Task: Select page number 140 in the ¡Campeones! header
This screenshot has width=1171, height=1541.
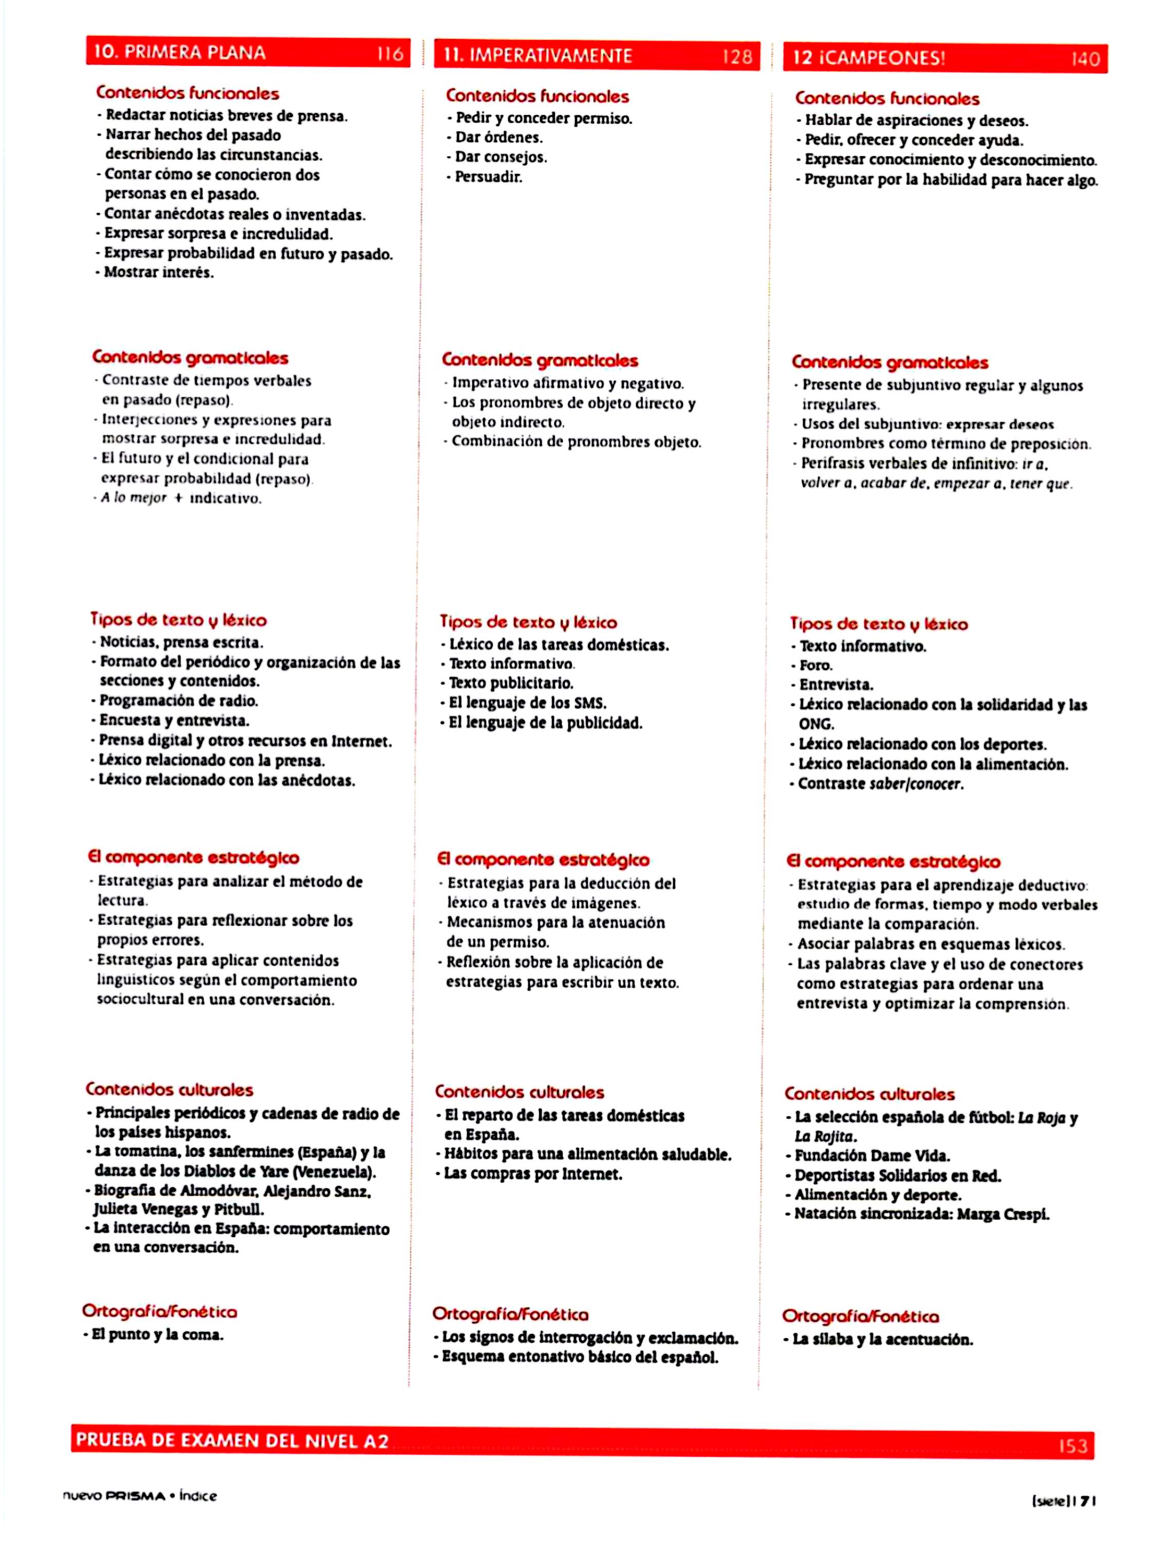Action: point(1085,59)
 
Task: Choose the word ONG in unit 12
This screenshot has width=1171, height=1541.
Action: point(816,724)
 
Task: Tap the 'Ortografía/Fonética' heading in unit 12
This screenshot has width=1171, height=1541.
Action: point(860,1316)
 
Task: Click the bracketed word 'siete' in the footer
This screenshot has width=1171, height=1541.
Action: point(1050,1501)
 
